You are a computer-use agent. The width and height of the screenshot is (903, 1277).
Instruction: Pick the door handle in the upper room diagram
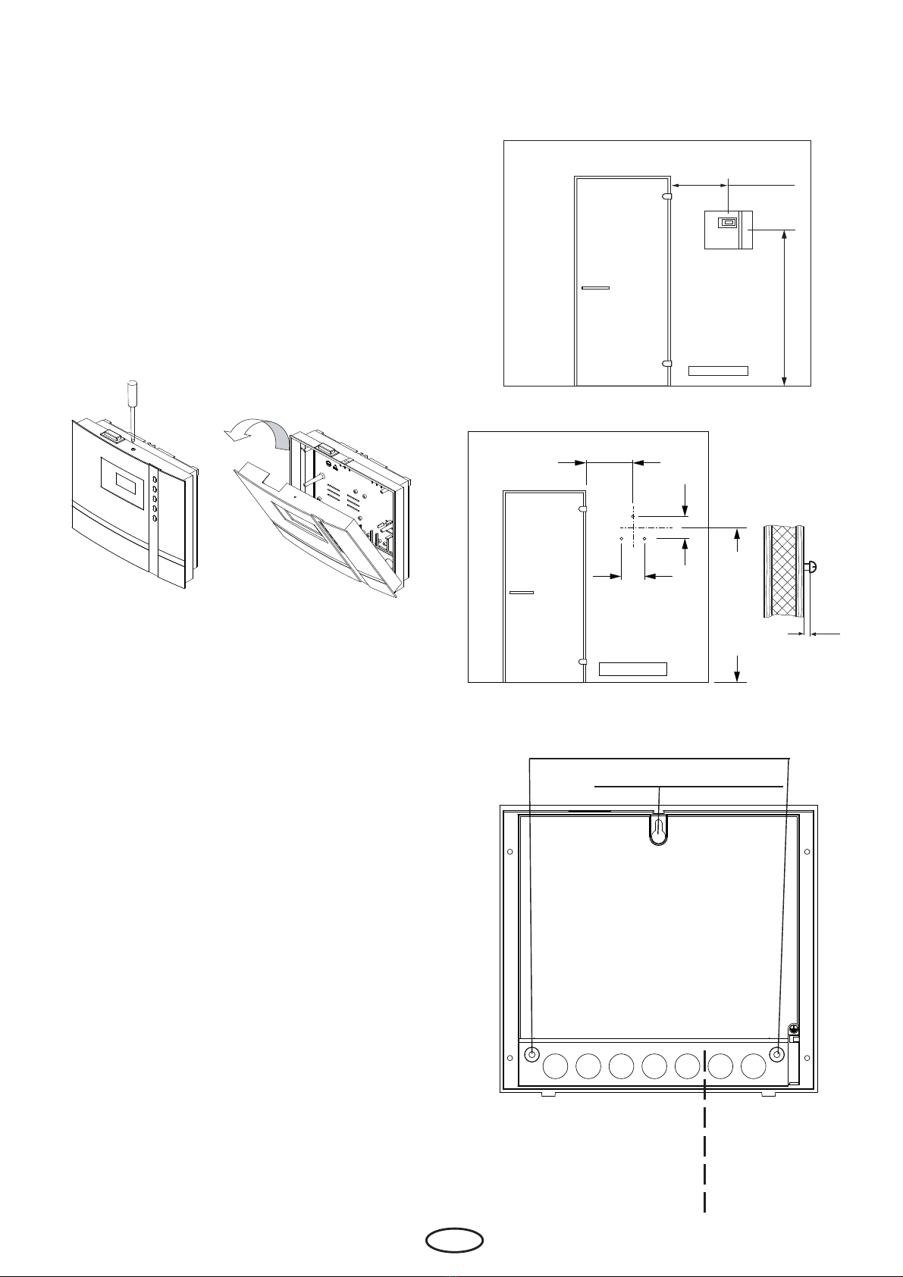(595, 288)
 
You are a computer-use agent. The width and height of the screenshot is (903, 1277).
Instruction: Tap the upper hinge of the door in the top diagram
(666, 196)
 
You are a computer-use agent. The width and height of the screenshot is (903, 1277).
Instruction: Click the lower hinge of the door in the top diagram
(666, 363)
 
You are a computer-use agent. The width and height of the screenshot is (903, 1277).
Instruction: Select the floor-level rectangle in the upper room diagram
(717, 371)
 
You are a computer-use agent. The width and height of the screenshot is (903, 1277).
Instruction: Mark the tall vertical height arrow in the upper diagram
(784, 307)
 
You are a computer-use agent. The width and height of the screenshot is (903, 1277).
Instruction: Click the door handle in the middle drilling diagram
(522, 592)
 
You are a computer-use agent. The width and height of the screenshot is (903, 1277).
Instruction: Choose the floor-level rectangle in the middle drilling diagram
(632, 668)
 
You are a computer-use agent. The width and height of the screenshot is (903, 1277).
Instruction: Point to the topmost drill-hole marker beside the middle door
(632, 516)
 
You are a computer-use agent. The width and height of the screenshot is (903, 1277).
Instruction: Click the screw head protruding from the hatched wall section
(811, 566)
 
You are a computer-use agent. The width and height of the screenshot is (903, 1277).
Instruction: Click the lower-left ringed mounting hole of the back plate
(532, 1054)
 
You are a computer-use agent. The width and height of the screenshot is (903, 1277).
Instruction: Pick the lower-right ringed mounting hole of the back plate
(777, 1054)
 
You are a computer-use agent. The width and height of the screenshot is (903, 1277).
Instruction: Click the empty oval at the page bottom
(453, 1240)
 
